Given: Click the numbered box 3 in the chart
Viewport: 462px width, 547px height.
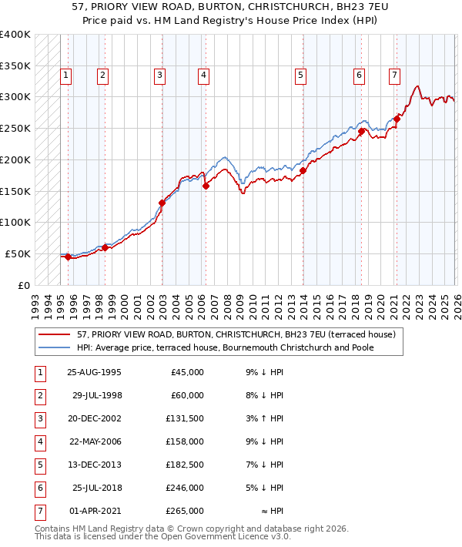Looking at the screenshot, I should (x=159, y=76).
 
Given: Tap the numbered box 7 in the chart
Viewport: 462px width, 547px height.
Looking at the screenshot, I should (x=394, y=76).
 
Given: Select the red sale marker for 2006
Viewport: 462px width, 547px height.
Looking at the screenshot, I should (x=206, y=186).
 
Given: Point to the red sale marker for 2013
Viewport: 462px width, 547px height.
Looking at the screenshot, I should (x=303, y=170).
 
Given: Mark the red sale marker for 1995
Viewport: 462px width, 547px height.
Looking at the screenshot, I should (x=68, y=257).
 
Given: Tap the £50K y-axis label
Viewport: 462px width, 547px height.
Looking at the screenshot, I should (x=18, y=253).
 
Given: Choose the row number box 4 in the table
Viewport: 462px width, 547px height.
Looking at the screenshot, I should (x=39, y=442).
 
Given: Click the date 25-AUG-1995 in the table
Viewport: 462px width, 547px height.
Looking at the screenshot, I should (x=94, y=372).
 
